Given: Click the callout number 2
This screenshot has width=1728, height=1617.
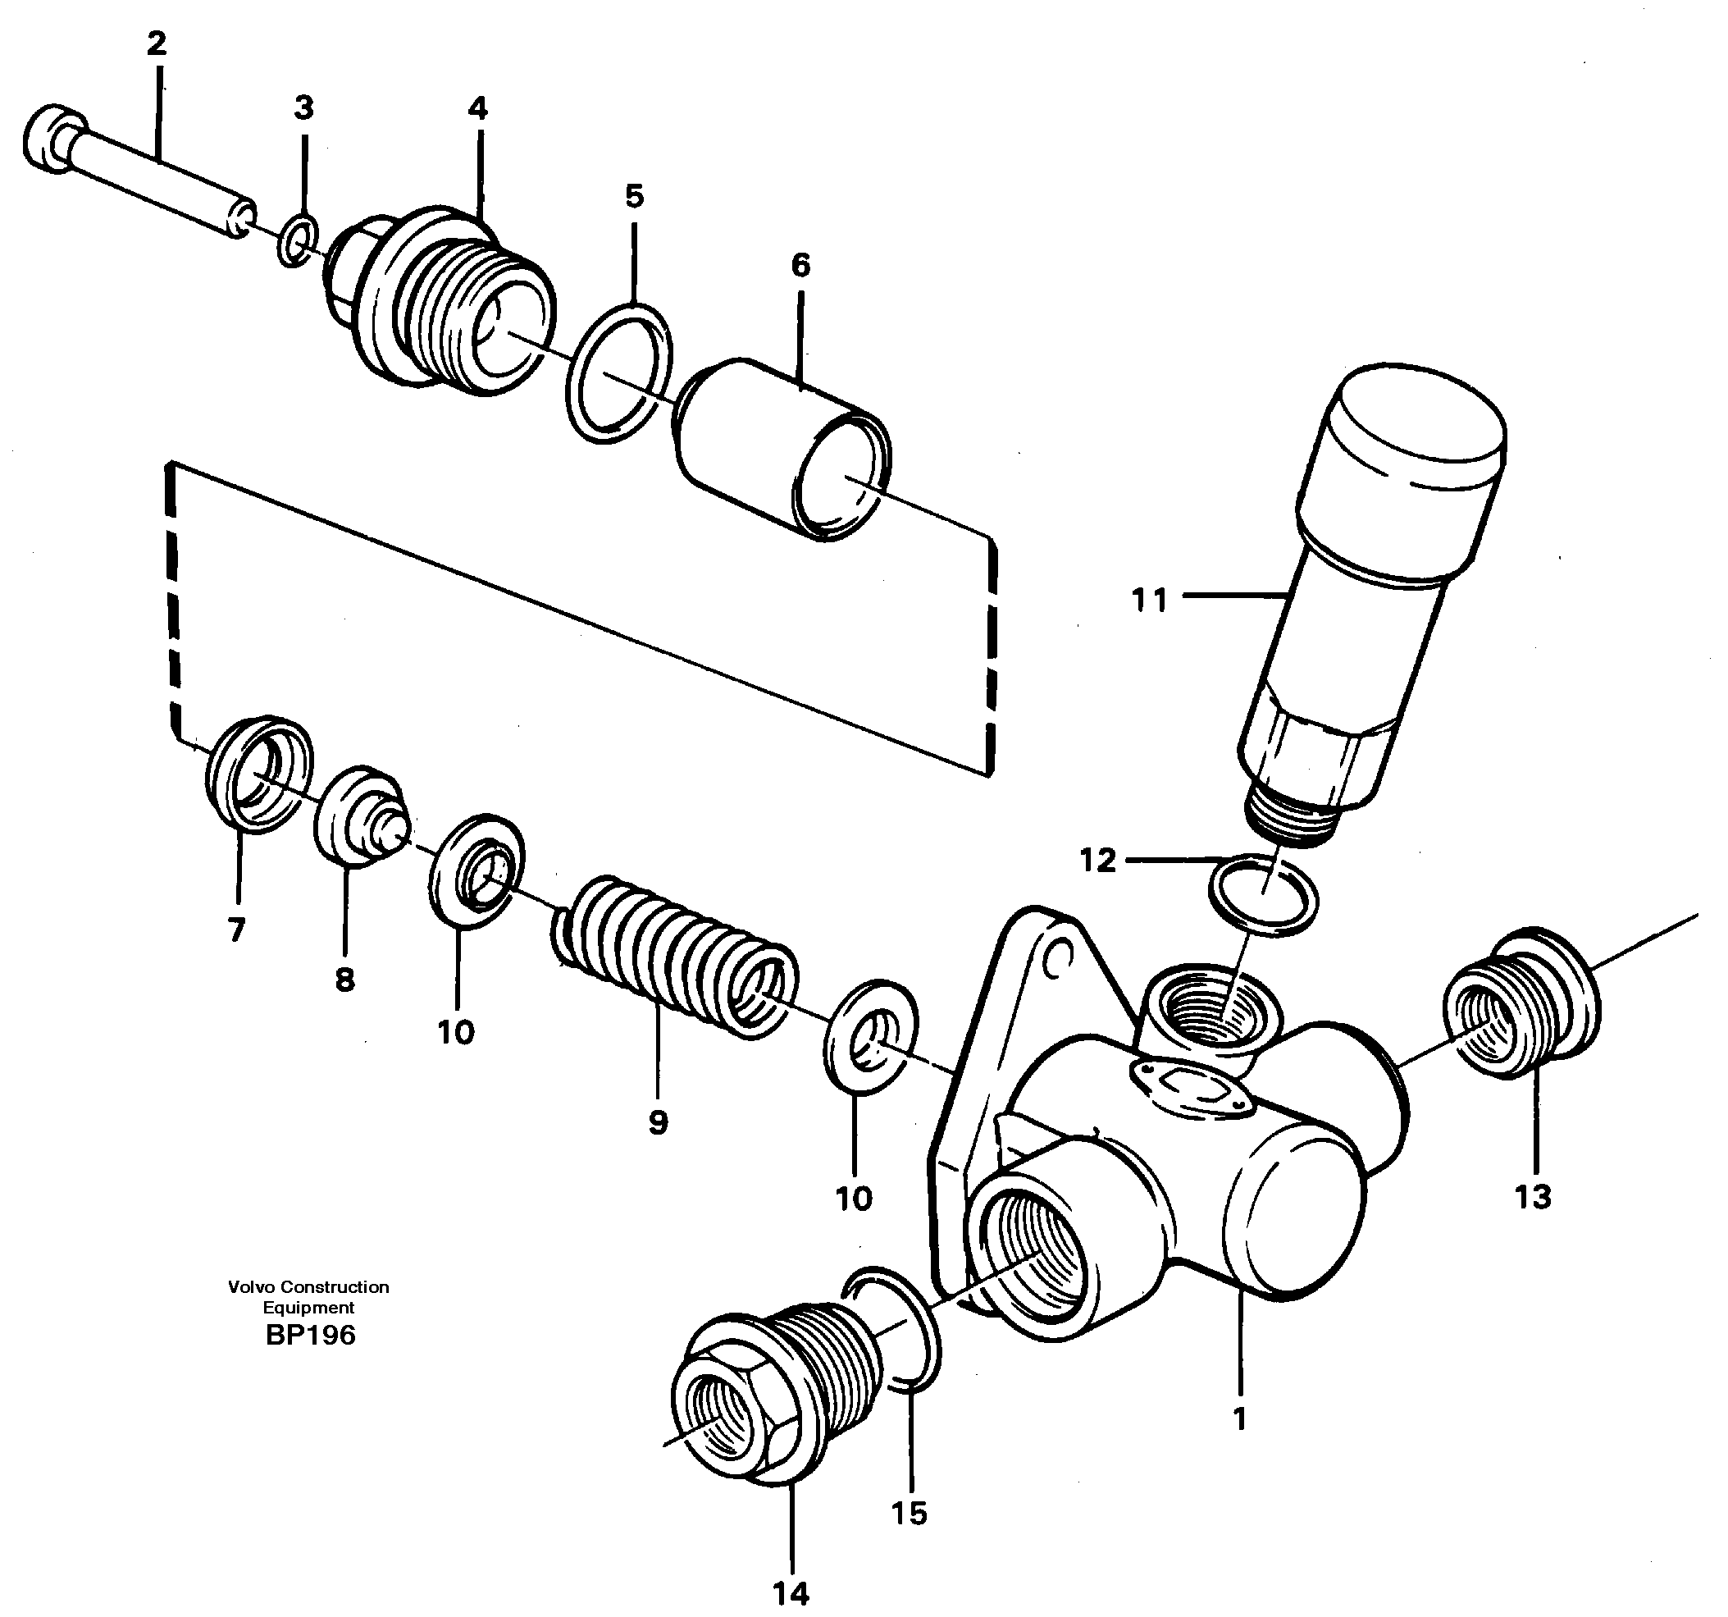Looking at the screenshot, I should pyautogui.click(x=157, y=43).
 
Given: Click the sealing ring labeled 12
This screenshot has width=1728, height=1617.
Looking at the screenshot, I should pyautogui.click(x=1264, y=895).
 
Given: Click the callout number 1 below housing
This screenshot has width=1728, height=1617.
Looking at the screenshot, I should pyautogui.click(x=1239, y=1418).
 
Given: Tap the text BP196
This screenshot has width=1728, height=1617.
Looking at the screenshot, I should pyautogui.click(x=310, y=1335).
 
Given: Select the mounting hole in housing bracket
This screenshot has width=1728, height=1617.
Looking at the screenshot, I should pyautogui.click(x=1057, y=959).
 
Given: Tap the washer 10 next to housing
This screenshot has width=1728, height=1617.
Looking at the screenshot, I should pyautogui.click(x=870, y=1035).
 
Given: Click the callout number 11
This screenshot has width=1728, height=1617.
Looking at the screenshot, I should pyautogui.click(x=1149, y=601).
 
